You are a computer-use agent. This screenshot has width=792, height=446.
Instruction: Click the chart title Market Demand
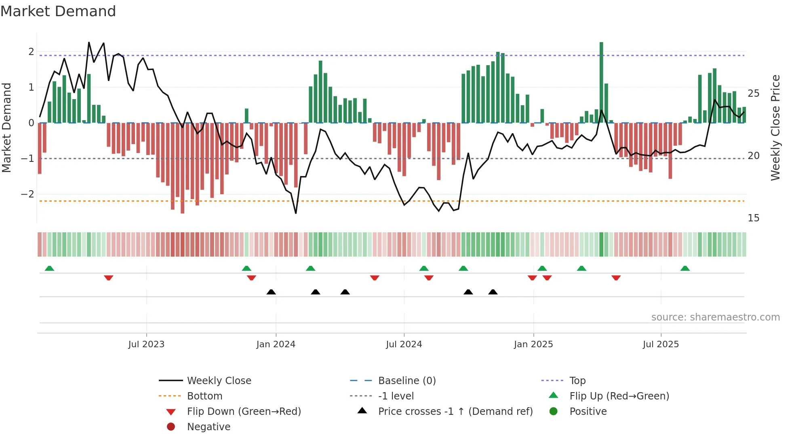pos(58,11)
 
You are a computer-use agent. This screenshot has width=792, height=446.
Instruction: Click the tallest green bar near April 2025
pos(601,81)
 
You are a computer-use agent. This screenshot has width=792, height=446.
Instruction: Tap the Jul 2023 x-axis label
pos(146,344)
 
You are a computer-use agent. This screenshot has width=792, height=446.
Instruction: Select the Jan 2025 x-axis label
pos(533,344)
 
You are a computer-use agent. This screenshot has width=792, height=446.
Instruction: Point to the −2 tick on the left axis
pos(27,194)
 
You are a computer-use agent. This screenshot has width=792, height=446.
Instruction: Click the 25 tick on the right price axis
pos(754,93)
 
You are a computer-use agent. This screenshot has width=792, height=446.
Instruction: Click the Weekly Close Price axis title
pos(775,127)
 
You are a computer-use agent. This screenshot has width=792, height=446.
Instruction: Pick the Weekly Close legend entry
pos(219,380)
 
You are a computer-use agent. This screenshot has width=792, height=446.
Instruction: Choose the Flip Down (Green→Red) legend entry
pos(244,412)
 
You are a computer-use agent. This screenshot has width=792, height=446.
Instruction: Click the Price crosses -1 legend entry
pos(455,412)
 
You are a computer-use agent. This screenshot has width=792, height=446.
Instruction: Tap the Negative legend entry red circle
pos(171,427)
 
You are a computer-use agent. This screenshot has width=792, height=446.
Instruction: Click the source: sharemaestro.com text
pos(715,317)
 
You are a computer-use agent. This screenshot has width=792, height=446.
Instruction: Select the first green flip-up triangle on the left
pos(49,268)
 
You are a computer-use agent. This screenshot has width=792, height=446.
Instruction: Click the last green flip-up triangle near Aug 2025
pos(685,268)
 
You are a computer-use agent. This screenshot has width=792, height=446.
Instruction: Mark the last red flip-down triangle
pos(616,278)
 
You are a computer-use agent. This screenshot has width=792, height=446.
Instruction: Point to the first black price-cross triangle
pos(271,292)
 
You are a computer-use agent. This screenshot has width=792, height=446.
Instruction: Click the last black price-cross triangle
pos(493,292)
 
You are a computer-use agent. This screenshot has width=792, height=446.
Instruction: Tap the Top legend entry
pos(577,380)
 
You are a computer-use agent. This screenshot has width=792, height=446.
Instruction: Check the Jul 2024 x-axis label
pos(404,344)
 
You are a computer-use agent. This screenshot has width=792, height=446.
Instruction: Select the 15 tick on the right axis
pos(754,218)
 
